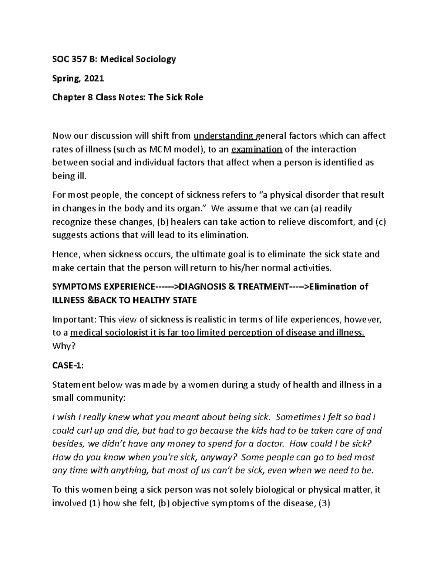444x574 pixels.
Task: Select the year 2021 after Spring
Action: [x=94, y=78]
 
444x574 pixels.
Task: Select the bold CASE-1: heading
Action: [x=68, y=366]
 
